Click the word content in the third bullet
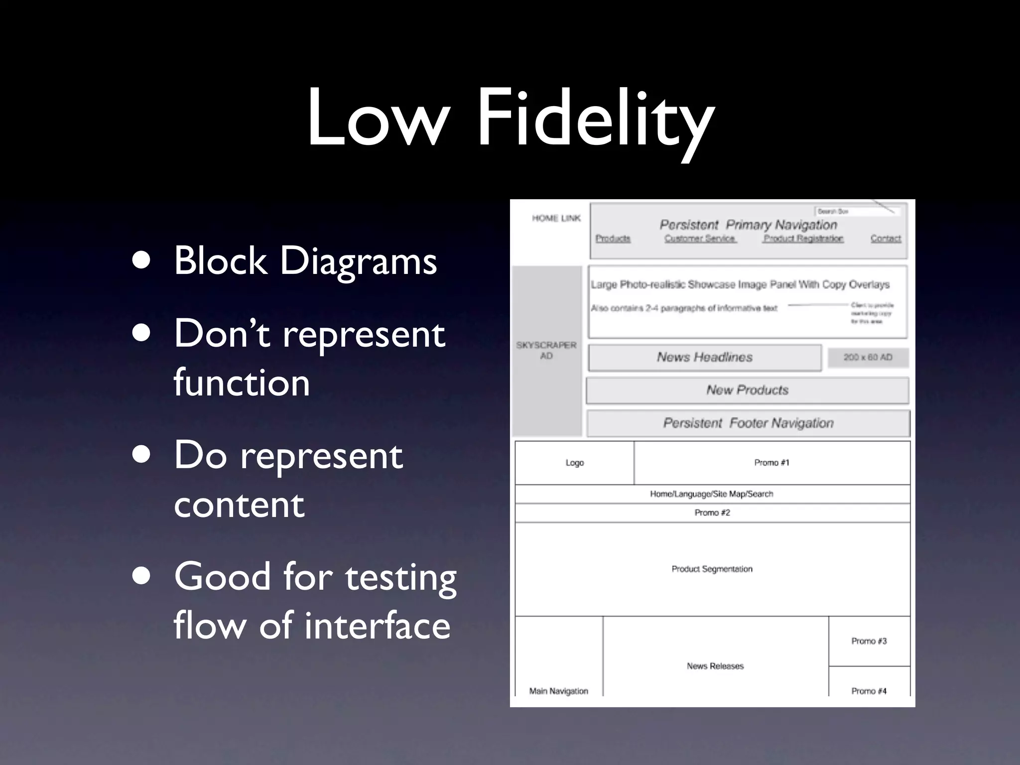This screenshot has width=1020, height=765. click(x=239, y=504)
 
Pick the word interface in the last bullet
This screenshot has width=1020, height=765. click(x=377, y=626)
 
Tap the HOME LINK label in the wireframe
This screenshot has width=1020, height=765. click(x=556, y=218)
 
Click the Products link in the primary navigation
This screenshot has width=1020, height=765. click(x=613, y=239)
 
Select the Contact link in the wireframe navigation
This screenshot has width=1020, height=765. click(x=886, y=239)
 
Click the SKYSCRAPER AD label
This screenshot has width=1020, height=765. click(x=546, y=350)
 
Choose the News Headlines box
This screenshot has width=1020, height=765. click(x=704, y=357)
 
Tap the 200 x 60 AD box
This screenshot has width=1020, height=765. click(x=868, y=357)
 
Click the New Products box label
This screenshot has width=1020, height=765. click(x=747, y=390)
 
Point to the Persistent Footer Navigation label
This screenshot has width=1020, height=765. click(x=748, y=423)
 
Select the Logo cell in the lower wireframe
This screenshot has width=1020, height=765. click(x=574, y=463)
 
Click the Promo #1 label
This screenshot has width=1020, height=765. click(x=771, y=463)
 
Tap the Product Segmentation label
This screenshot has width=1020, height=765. click(x=712, y=569)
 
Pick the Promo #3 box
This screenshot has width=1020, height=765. click(x=869, y=641)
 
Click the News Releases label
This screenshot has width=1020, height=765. click(x=715, y=666)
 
